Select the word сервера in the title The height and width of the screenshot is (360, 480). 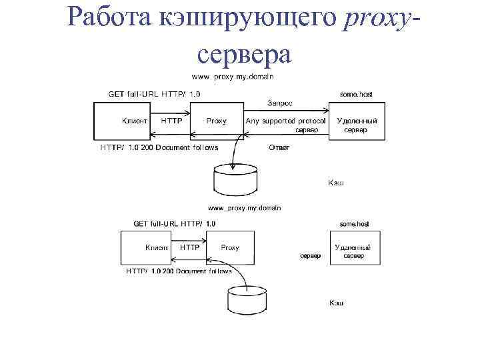[245, 54]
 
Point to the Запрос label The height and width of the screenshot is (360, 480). [280, 103]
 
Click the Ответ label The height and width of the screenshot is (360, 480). [278, 147]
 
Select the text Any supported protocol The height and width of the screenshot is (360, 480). [285, 121]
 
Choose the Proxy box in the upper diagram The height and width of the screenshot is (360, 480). [215, 121]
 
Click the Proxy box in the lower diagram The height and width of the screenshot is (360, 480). [229, 247]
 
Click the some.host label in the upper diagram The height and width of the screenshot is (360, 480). [356, 95]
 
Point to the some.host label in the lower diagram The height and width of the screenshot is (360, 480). [354, 224]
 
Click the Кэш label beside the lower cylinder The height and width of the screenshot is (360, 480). [337, 303]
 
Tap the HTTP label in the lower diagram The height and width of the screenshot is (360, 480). [190, 247]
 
